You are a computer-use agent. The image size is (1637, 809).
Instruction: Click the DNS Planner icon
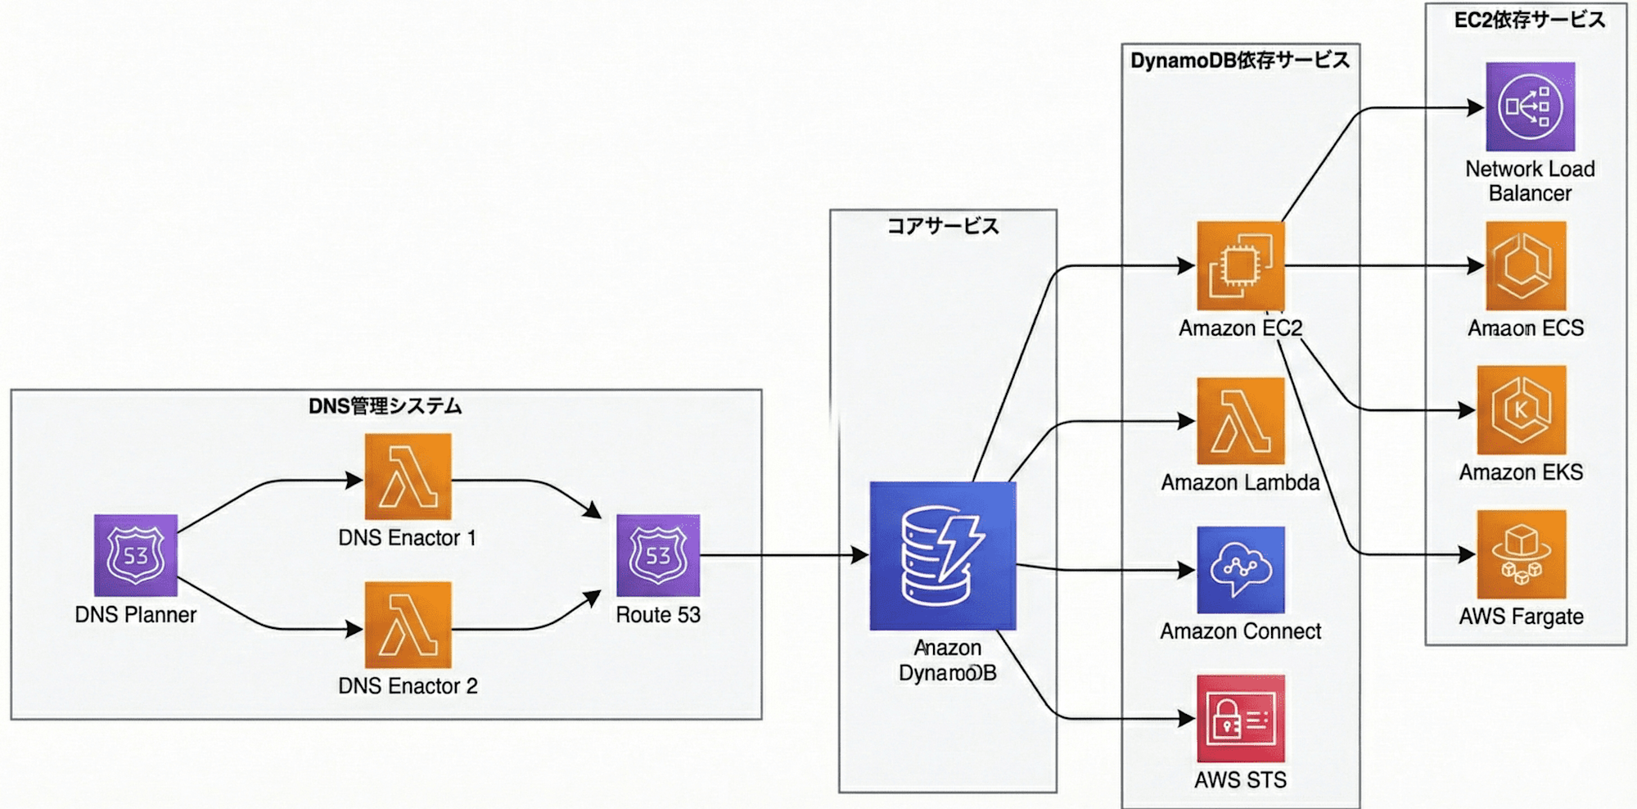[x=135, y=555]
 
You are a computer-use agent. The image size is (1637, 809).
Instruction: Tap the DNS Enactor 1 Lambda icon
[x=408, y=477]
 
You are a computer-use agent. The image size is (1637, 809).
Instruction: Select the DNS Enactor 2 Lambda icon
[x=408, y=625]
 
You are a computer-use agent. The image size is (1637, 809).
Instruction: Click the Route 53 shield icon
[x=658, y=555]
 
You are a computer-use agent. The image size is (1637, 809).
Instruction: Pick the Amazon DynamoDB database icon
[x=943, y=556]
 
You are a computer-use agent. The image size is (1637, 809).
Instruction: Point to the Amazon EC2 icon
[x=1240, y=266]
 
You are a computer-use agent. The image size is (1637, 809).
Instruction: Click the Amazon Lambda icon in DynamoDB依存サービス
[x=1240, y=421]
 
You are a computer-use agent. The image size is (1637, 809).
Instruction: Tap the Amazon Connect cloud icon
[x=1240, y=570]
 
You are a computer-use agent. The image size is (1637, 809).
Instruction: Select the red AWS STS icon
[x=1240, y=718]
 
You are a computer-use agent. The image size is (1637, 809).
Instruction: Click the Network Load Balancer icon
[x=1530, y=106]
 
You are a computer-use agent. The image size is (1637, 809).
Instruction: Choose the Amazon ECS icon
[x=1526, y=266]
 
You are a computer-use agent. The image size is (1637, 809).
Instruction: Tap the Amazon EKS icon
[x=1522, y=410]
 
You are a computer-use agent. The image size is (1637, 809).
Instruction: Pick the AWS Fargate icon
[x=1522, y=554]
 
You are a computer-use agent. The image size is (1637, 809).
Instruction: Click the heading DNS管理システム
[x=385, y=406]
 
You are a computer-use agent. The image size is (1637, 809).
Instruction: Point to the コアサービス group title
[x=943, y=226]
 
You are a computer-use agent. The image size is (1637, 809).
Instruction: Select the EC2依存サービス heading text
[x=1529, y=20]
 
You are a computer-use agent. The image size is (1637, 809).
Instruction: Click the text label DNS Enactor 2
[x=408, y=685]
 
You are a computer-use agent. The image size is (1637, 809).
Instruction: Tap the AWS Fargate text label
[x=1521, y=617]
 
